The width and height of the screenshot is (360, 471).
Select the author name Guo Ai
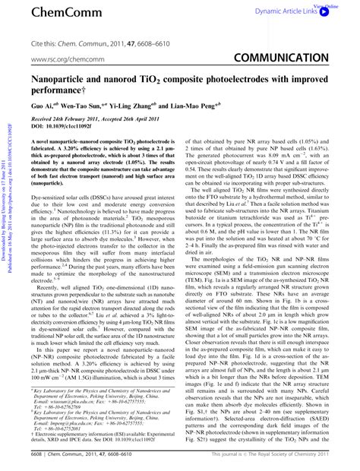[43, 108]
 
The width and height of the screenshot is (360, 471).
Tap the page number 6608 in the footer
[38, 460]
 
